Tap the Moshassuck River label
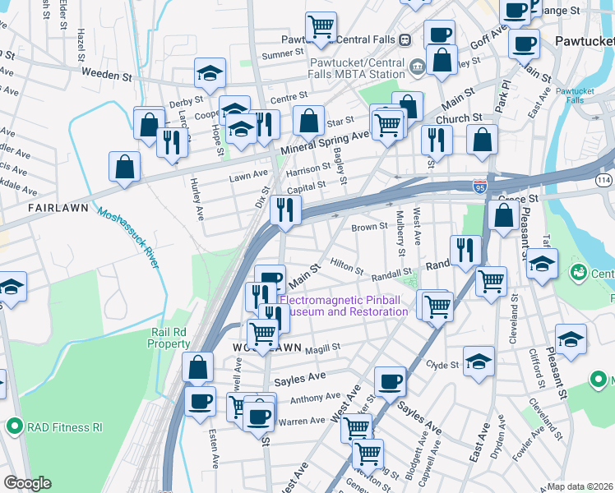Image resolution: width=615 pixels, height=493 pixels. tap(127, 237)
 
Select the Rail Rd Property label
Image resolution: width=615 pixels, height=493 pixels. tap(170, 338)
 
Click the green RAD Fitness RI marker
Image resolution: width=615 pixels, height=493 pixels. tap(14, 426)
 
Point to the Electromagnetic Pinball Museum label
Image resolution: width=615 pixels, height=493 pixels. tap(344, 306)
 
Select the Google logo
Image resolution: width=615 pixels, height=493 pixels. tap(27, 483)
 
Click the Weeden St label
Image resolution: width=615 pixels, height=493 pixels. tap(107, 75)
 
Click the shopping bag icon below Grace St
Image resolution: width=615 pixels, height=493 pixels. tap(503, 215)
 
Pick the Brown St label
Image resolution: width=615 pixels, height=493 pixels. tap(369, 227)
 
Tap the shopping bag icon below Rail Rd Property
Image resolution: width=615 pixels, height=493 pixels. tap(198, 367)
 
